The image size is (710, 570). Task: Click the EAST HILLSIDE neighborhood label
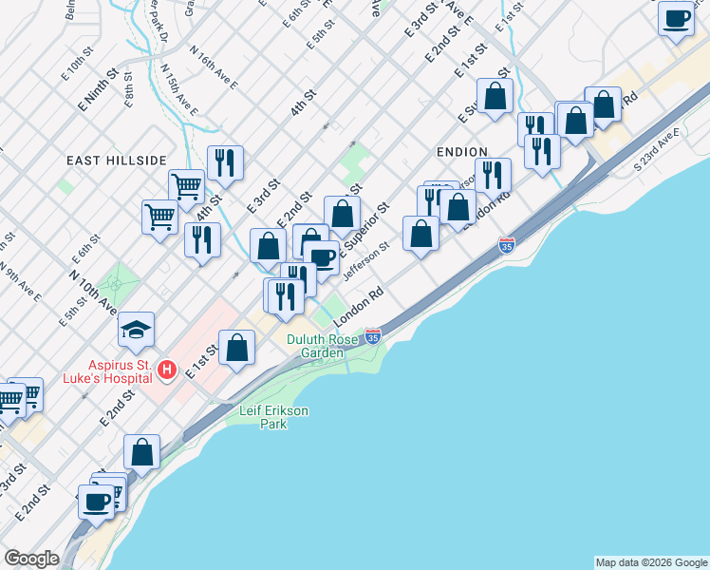pos(117,161)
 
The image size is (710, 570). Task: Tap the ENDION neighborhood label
pos(461,152)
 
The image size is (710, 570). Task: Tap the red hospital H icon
pos(167,369)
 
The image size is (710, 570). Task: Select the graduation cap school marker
pos(136,330)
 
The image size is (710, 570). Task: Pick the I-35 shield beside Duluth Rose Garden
pos(373,337)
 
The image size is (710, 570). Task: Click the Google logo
pos(32,559)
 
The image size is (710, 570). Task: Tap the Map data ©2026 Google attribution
pos(651,562)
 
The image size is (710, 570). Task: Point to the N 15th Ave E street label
pos(178,89)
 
